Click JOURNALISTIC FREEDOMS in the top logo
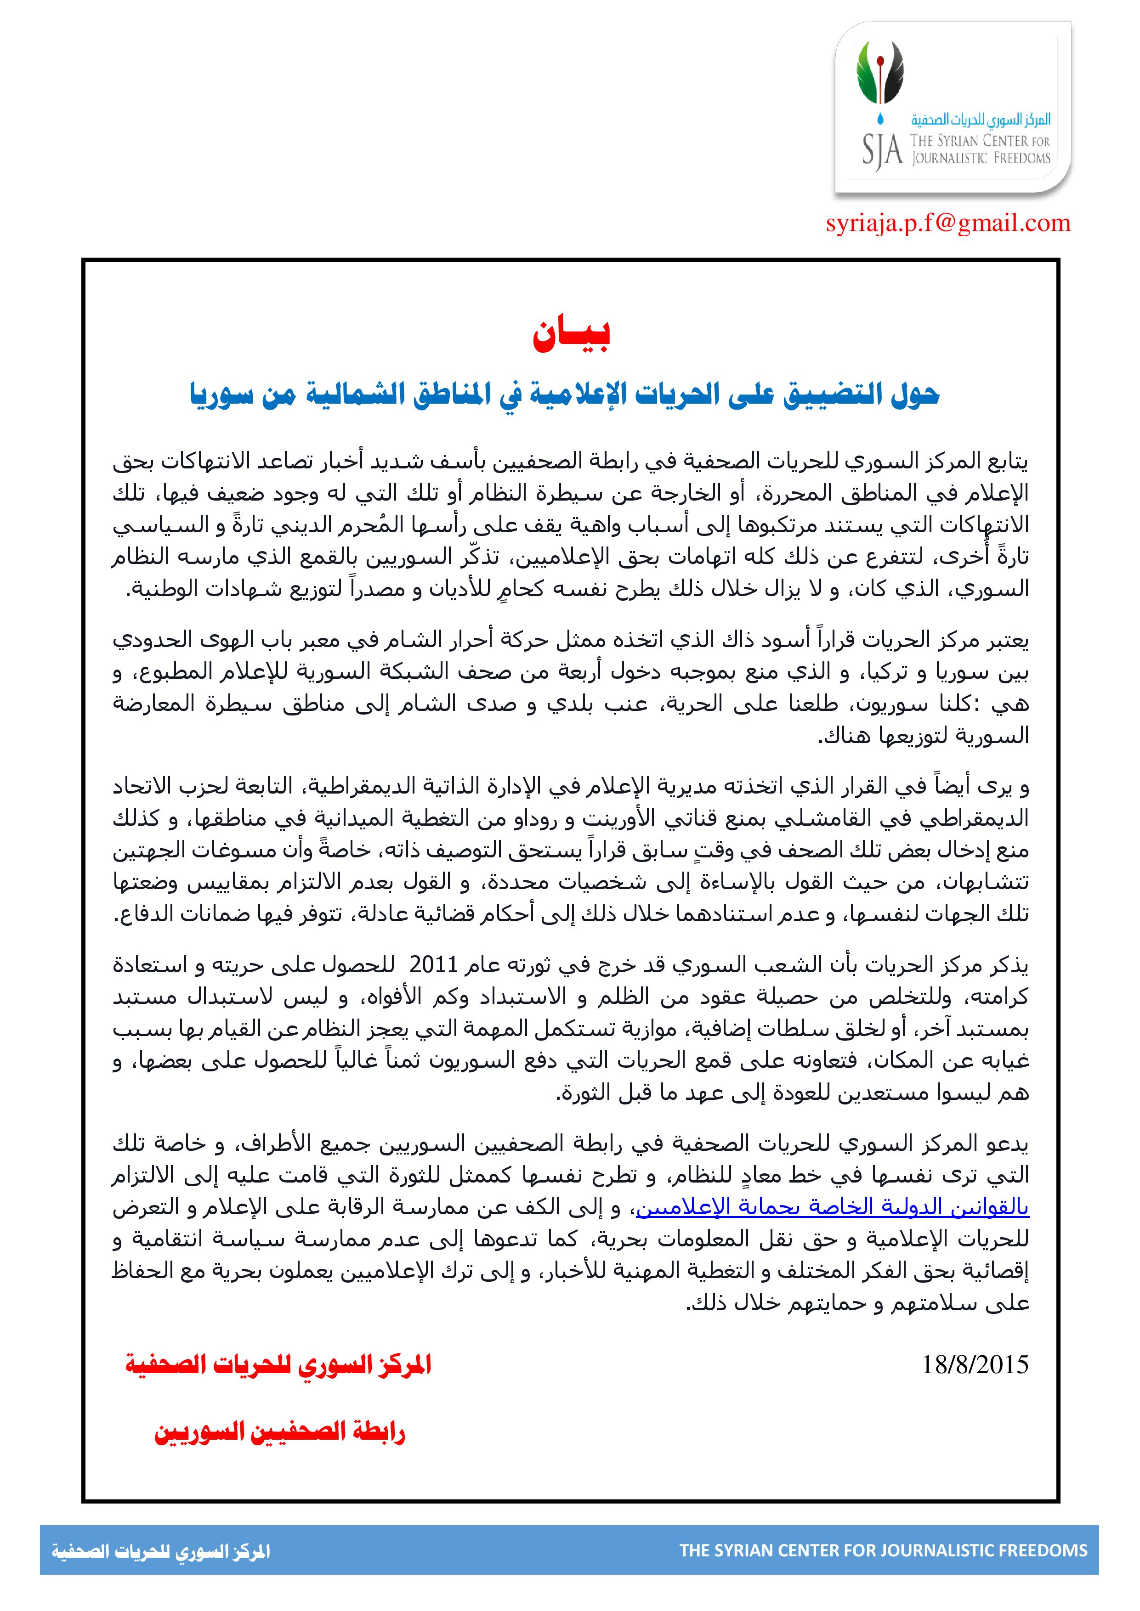pyautogui.click(x=981, y=158)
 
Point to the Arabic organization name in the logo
pyautogui.click(x=981, y=120)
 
